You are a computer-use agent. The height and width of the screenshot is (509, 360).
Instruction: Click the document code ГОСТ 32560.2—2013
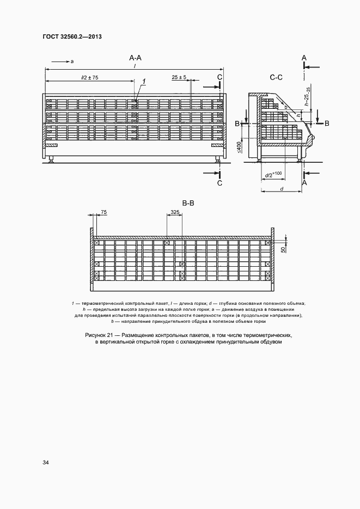[x=72, y=37]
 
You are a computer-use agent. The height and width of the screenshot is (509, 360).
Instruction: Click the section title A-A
[x=136, y=58]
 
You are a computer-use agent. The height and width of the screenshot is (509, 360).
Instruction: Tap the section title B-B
[x=188, y=203]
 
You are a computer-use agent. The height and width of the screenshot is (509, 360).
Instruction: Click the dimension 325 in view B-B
[x=175, y=211]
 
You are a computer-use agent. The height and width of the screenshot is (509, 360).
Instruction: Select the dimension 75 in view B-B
[x=104, y=211]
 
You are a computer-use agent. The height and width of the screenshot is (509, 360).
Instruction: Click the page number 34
[x=45, y=462]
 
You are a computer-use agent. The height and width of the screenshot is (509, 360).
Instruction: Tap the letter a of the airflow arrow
[x=72, y=62]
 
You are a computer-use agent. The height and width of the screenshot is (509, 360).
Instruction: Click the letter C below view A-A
[x=219, y=183]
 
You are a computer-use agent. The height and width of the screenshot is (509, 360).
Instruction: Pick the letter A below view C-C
[x=304, y=183]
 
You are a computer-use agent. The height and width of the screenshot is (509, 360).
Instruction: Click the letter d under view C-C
[x=281, y=188]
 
